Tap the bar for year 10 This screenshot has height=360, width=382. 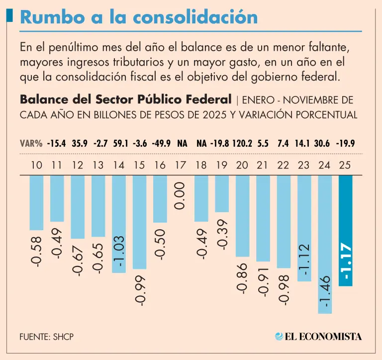36,202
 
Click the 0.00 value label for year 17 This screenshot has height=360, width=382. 180,195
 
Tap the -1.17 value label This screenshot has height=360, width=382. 346,262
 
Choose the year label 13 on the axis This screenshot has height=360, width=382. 98,165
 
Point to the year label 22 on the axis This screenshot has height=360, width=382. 284,165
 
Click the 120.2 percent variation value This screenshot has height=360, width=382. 243,144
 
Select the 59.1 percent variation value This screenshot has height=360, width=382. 119,144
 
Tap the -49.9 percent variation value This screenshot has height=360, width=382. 160,144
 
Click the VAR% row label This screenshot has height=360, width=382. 31,144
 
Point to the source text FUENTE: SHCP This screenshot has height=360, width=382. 47,337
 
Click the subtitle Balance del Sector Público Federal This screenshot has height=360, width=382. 125,99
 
